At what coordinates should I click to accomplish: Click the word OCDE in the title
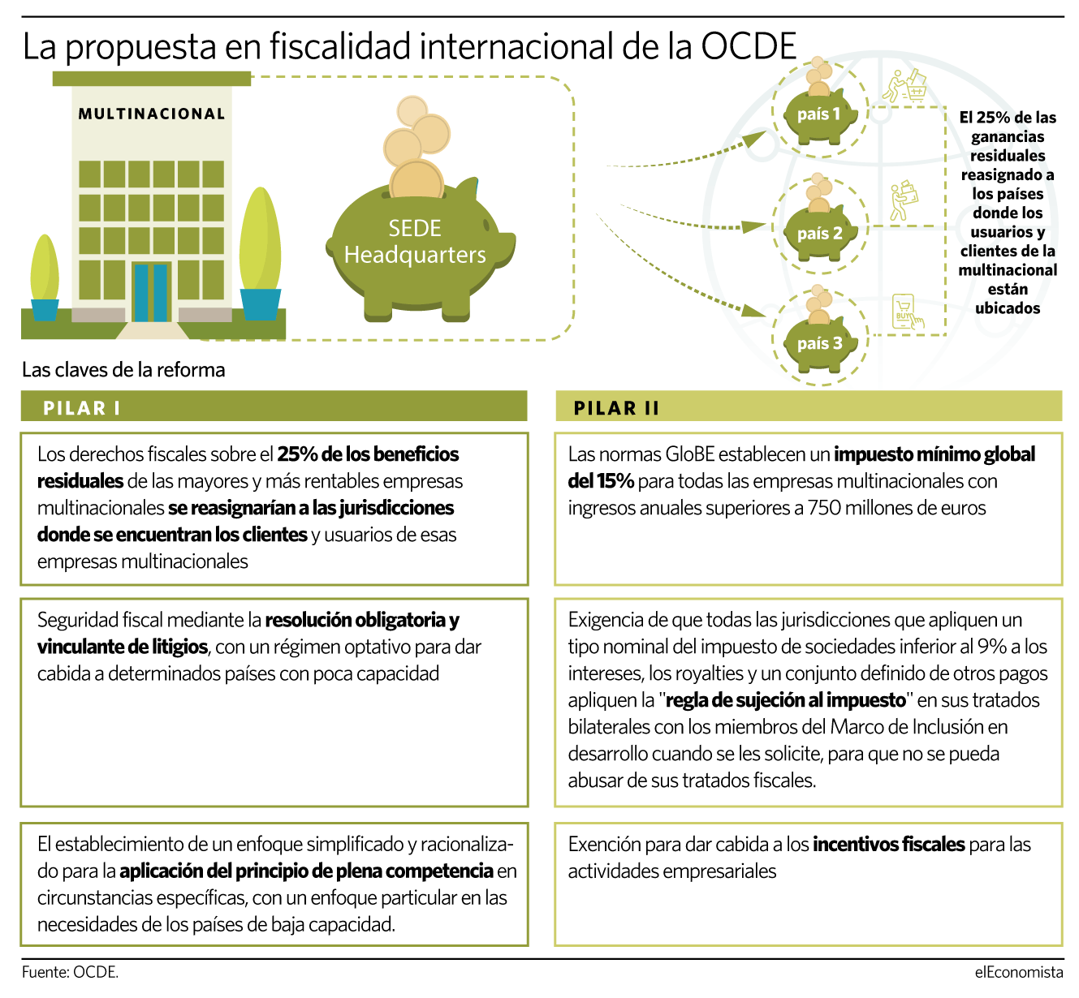[x=748, y=46]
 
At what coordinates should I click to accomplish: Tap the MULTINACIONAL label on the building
[x=152, y=114]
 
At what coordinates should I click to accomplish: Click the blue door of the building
[x=150, y=293]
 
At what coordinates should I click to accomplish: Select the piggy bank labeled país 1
[x=820, y=115]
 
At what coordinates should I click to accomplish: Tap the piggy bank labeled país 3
[x=820, y=343]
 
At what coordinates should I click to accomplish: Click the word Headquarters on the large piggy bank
[x=415, y=255]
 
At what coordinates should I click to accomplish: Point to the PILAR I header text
[x=81, y=408]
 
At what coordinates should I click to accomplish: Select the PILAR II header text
[x=616, y=408]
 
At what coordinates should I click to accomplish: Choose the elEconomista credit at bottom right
[x=1019, y=972]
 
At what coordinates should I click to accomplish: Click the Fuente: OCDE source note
[x=70, y=972]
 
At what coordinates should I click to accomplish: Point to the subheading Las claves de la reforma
[x=123, y=370]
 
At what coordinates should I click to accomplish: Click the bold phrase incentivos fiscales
[x=889, y=845]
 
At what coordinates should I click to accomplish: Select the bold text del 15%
[x=601, y=481]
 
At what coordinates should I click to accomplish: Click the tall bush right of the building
[x=261, y=239]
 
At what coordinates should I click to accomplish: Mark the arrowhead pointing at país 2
[x=754, y=226]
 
